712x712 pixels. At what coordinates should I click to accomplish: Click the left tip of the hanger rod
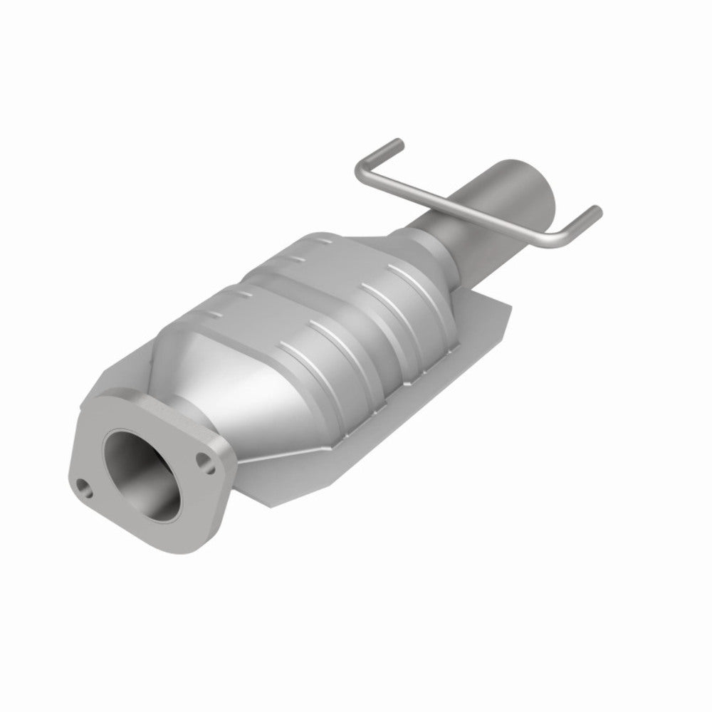pos(396,142)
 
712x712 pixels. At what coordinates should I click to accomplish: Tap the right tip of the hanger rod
pos(595,211)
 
